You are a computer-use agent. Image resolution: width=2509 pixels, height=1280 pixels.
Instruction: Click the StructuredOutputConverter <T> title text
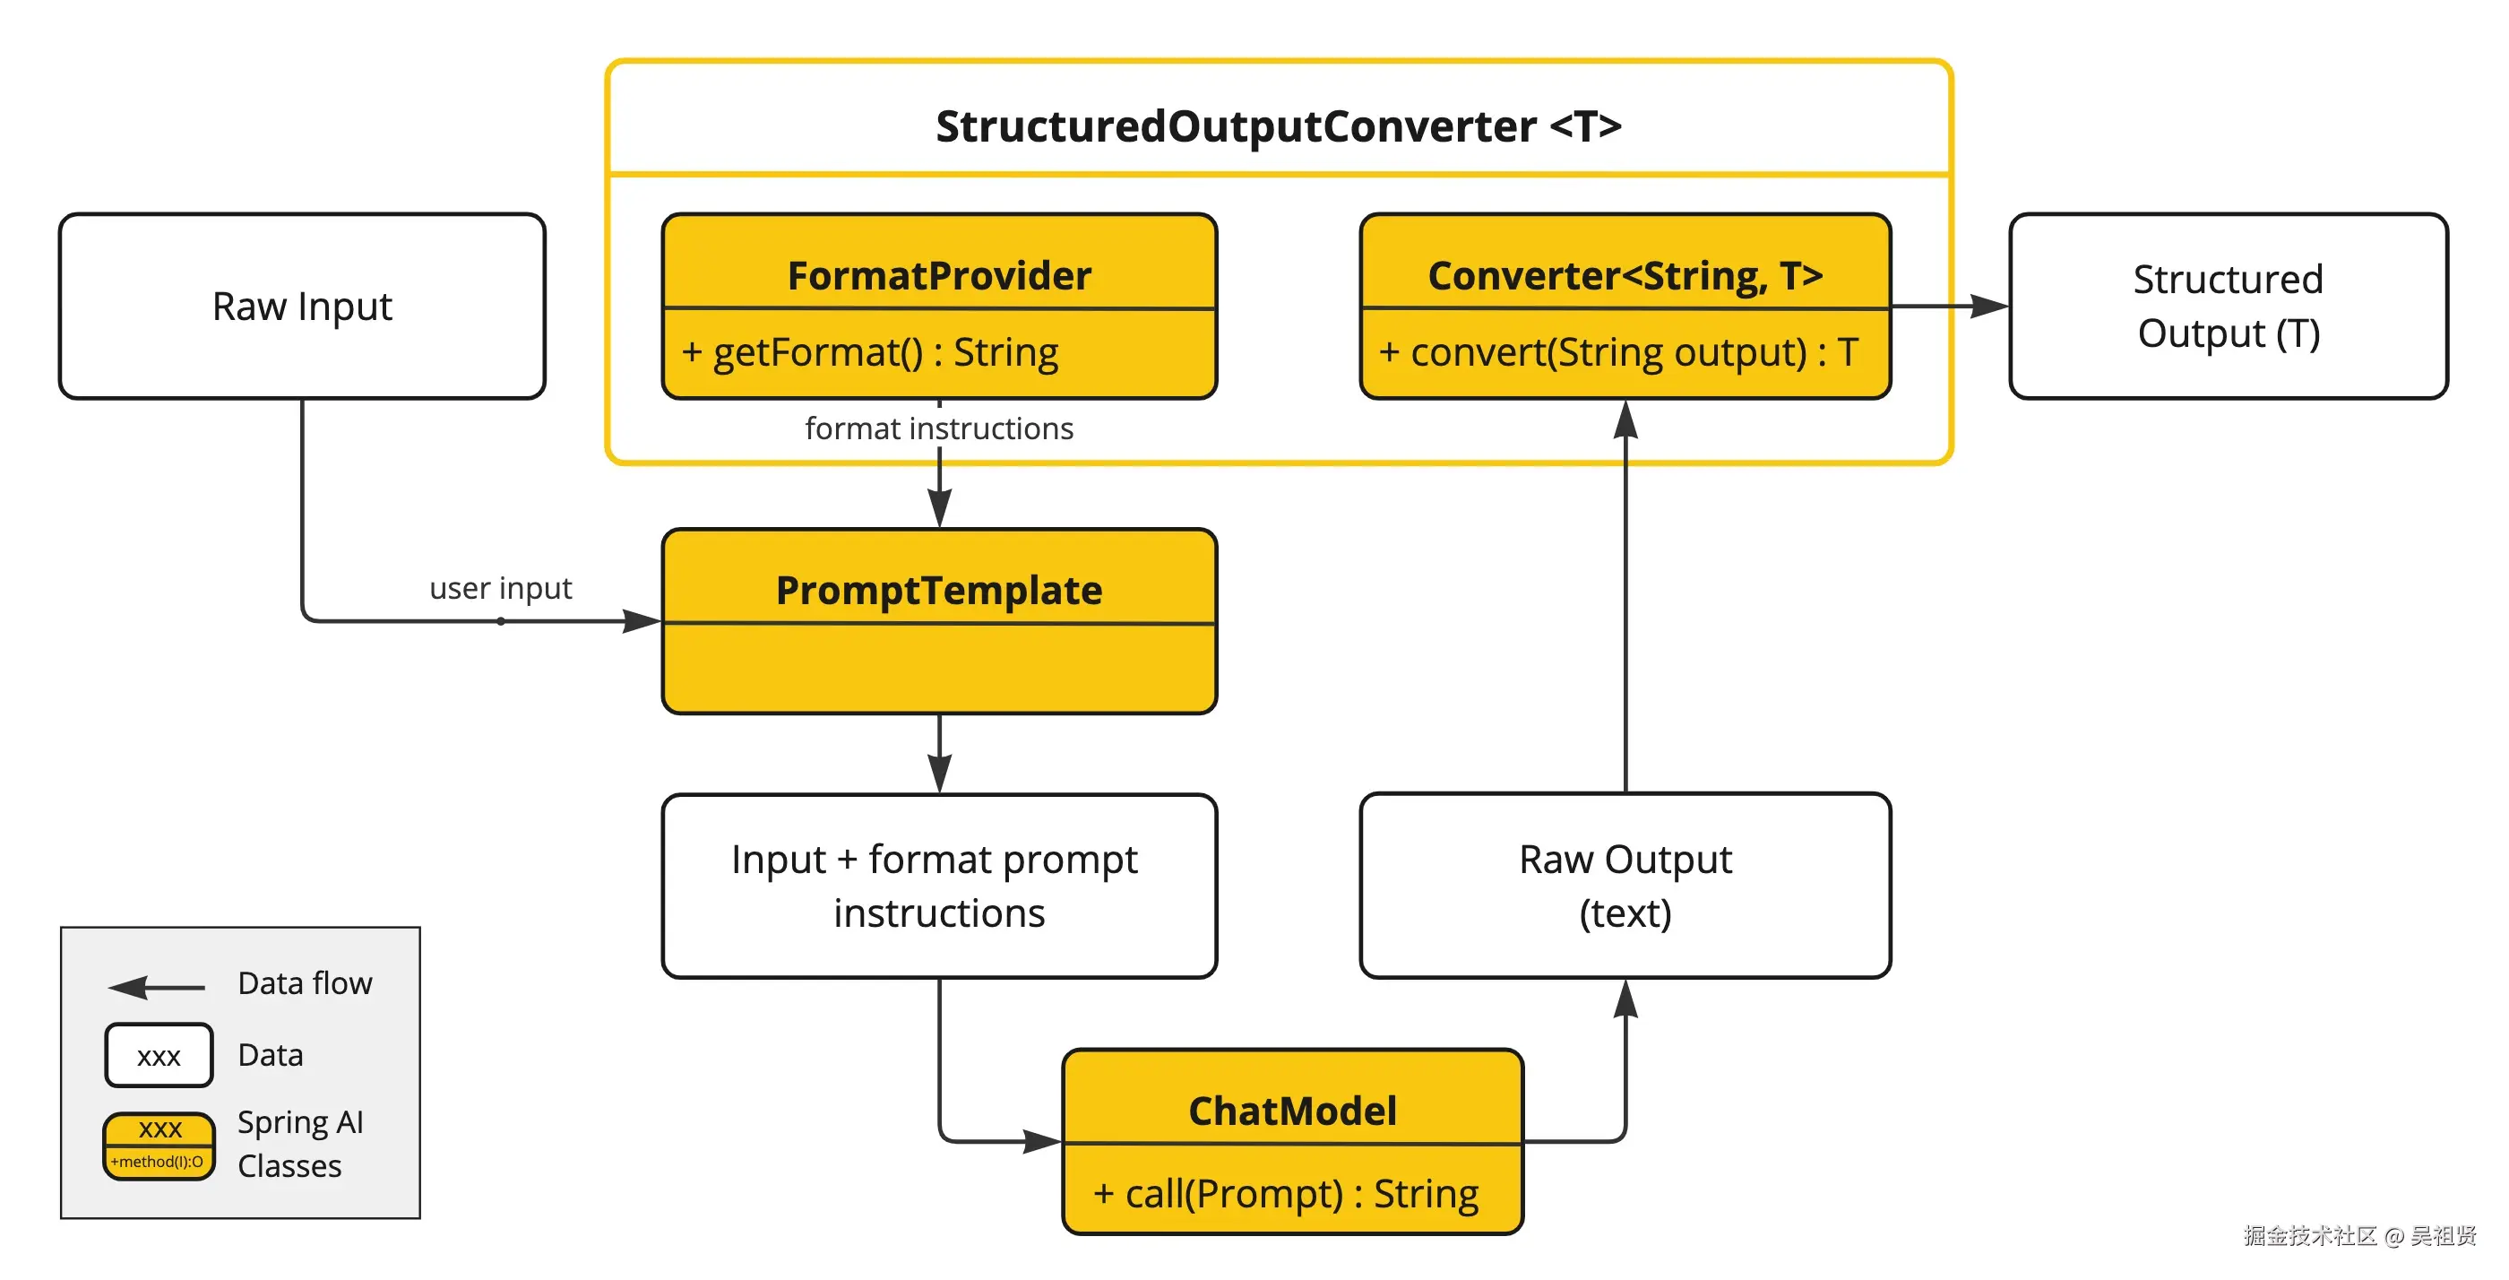coord(1278,126)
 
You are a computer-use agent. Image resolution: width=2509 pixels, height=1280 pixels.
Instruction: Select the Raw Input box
coord(302,306)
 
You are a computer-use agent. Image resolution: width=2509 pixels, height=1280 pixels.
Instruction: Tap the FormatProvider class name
coord(939,276)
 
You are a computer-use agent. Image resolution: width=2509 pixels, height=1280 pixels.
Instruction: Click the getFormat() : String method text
coord(871,351)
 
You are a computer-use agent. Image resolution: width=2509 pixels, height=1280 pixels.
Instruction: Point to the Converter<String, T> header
coord(1625,276)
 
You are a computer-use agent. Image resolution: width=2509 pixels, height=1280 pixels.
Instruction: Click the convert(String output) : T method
coord(1619,351)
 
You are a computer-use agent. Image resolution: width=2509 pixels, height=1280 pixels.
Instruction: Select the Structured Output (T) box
coord(2228,306)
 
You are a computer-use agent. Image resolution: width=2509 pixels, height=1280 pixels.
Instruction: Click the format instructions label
coord(939,428)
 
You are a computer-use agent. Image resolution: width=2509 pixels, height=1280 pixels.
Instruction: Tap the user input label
coord(501,588)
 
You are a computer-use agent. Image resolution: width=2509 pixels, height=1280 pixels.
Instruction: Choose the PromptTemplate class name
coord(939,591)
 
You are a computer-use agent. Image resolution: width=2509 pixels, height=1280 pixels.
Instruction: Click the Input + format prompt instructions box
coord(939,886)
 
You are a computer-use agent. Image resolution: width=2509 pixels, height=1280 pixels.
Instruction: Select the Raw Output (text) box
coord(1625,886)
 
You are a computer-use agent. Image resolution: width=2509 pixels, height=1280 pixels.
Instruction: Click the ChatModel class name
coord(1292,1111)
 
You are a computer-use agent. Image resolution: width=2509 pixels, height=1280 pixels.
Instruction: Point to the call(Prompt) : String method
coord(1286,1193)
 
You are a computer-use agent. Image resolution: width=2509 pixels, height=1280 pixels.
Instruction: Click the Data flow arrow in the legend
coord(156,988)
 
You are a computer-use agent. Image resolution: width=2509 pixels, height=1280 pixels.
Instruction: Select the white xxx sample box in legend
coord(159,1056)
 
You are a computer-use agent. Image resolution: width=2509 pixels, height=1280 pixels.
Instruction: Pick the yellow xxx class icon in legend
coord(159,1146)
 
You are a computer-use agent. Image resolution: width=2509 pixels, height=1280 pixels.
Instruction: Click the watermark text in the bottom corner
coord(2359,1235)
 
